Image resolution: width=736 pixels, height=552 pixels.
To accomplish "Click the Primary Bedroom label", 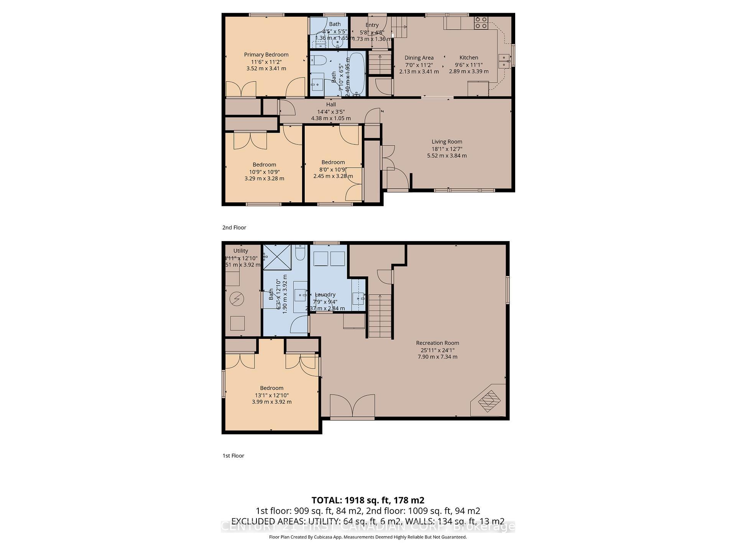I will (x=266, y=54).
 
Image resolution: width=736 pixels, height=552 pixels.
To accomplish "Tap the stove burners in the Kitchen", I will (x=481, y=23).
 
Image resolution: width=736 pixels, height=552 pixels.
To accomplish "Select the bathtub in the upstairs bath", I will (x=356, y=74).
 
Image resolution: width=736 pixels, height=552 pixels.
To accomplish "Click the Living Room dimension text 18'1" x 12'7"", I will (x=447, y=149).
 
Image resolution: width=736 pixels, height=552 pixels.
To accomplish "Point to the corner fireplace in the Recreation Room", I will (x=489, y=401).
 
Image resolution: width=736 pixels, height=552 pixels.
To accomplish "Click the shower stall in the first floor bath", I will (x=278, y=256).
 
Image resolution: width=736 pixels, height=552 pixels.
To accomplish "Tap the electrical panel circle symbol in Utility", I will (x=236, y=299).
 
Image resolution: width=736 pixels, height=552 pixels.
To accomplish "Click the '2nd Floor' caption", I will (x=234, y=227).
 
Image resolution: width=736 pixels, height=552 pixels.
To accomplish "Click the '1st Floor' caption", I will (x=233, y=455).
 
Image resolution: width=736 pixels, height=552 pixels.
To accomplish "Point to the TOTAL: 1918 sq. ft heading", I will (x=368, y=500).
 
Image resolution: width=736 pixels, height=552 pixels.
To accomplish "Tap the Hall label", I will (x=331, y=104).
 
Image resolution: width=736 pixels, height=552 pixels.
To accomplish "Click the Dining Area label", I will (x=419, y=58).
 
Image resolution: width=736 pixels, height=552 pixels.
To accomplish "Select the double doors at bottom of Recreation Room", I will (x=352, y=407).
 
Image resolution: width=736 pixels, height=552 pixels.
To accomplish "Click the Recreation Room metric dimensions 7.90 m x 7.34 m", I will (x=437, y=356).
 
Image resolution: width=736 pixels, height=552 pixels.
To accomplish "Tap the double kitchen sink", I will (x=504, y=61).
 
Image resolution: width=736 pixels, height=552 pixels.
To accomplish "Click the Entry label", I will (x=372, y=25).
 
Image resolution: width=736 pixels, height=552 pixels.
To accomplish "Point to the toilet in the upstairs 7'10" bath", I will (x=318, y=60).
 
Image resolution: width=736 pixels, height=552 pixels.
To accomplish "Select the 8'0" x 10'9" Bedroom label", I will (x=333, y=162).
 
